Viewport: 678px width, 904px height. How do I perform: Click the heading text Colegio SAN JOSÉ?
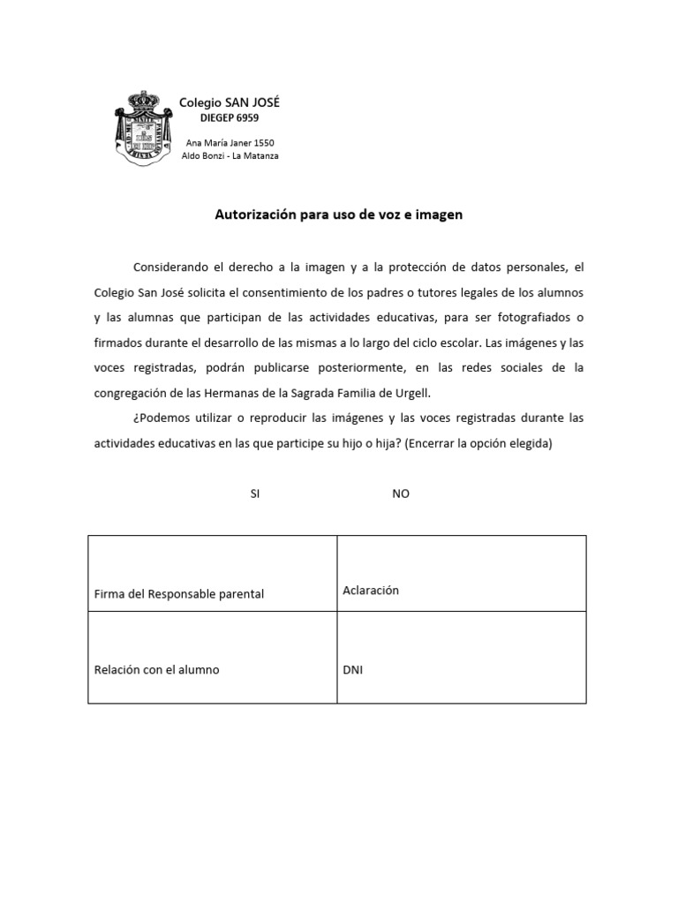click(x=229, y=103)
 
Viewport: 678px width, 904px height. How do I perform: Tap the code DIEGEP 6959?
click(x=229, y=118)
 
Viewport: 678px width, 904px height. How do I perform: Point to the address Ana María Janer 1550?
click(x=229, y=143)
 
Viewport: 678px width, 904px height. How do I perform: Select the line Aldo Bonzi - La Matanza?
click(x=229, y=156)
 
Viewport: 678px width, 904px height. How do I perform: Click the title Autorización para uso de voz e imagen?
click(x=339, y=215)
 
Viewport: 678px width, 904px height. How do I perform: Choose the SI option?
click(x=255, y=494)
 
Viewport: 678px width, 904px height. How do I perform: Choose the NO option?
click(x=401, y=494)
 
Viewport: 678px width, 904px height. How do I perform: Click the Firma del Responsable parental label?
click(x=179, y=594)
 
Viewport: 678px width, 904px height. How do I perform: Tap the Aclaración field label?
click(x=371, y=590)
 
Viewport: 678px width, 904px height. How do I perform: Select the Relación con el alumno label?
click(x=156, y=669)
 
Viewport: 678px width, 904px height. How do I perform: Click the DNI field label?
click(x=352, y=669)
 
